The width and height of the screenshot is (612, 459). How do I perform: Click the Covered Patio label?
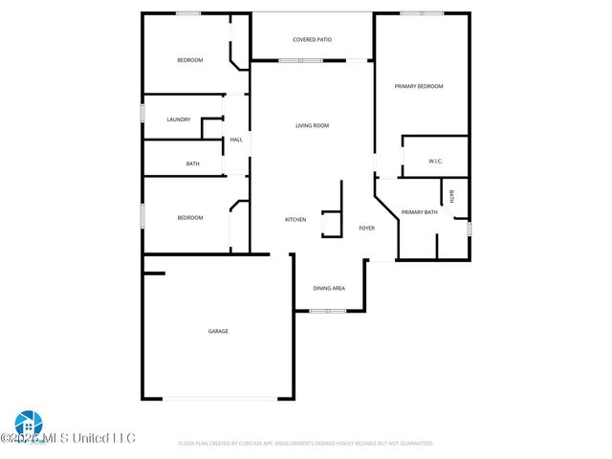(x=312, y=39)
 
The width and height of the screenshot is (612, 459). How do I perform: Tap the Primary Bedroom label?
(x=419, y=86)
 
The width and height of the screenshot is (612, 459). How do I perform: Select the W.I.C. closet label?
(x=435, y=161)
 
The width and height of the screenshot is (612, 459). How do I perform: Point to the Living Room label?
(x=312, y=125)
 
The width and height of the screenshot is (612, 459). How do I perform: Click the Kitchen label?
(x=295, y=219)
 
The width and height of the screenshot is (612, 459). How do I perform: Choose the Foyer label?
(x=366, y=229)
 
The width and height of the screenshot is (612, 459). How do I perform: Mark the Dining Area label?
(x=329, y=288)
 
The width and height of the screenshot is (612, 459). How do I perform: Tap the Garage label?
(x=218, y=331)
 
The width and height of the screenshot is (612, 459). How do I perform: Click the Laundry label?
(x=178, y=120)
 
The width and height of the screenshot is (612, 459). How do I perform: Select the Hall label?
(x=236, y=140)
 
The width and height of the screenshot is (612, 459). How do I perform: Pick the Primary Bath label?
(x=419, y=211)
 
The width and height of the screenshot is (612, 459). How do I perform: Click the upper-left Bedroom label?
(x=190, y=60)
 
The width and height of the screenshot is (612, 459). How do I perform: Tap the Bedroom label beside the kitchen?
(x=190, y=217)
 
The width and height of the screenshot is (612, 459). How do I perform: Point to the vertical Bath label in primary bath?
(x=452, y=197)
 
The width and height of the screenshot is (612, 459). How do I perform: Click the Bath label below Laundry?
(x=192, y=164)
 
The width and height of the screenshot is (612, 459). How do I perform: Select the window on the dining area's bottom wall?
(x=328, y=311)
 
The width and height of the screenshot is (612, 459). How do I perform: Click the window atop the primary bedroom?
(x=422, y=13)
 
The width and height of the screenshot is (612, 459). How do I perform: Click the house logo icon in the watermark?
(x=27, y=424)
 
